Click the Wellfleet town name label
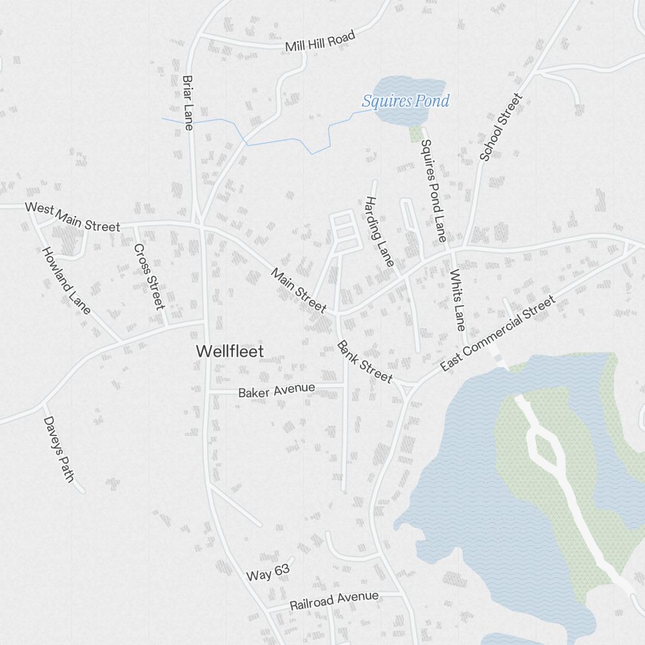pos(230,351)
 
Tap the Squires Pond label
pos(405,101)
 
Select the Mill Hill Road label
pos(320,42)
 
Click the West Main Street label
pos(72,217)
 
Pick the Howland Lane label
pos(66,281)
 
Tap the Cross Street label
pos(149,276)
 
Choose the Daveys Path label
pos(59,450)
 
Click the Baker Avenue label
pos(276,390)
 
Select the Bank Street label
pos(364,362)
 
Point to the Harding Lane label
pos(379,232)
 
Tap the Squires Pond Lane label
pos(433,191)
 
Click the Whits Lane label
pos(457,299)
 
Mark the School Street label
pos(501,128)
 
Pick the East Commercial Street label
pos(497,333)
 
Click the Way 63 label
pos(268,571)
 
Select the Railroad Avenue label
pos(333,600)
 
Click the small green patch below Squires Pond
pos(415,134)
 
